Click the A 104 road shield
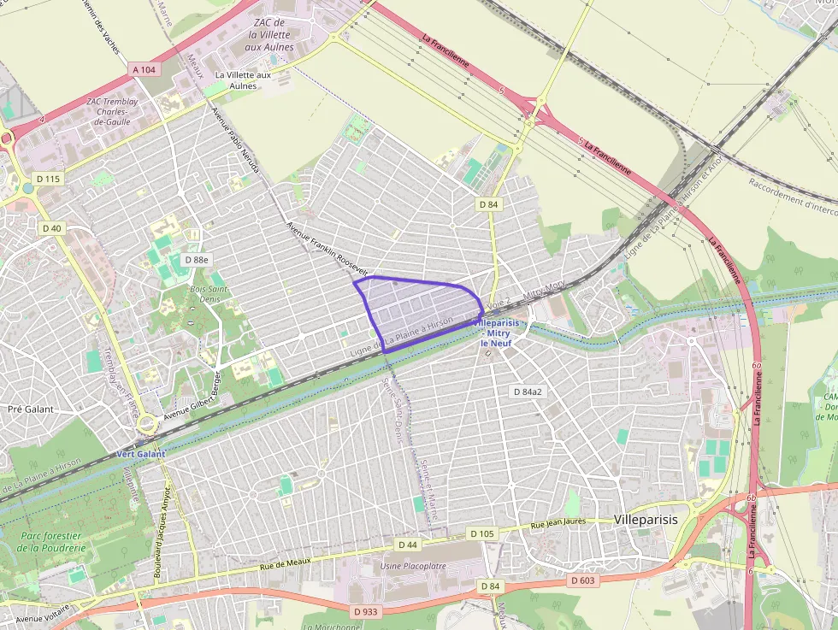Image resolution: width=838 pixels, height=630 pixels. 145,69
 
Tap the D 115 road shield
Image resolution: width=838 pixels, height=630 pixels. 49,179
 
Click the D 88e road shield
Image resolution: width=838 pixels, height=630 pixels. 197,259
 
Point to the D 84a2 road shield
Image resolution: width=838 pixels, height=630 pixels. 527,391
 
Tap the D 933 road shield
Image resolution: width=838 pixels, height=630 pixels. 365,611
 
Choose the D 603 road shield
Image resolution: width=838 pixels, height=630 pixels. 582,580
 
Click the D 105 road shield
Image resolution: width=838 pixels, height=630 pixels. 482,533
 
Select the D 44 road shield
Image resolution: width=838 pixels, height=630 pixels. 408,544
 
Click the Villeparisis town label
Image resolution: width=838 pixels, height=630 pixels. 646,520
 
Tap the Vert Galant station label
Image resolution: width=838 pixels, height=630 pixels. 137,454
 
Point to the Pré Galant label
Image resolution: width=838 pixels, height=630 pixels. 30,409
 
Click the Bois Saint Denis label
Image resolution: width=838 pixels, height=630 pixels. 208,294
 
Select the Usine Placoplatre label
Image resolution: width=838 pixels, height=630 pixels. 413,566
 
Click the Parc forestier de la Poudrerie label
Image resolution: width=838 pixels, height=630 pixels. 48,541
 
